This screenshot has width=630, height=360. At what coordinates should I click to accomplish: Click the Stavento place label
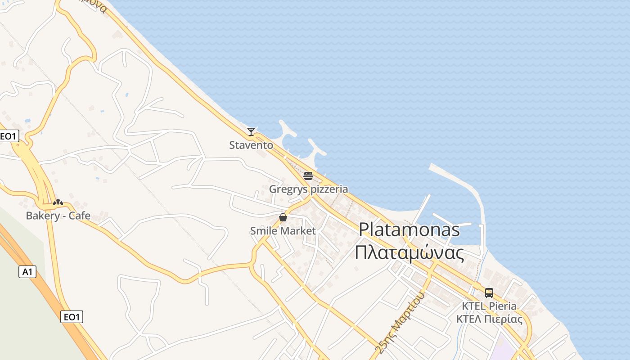coord(251,145)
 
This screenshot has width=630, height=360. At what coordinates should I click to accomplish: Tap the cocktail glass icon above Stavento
coord(251,132)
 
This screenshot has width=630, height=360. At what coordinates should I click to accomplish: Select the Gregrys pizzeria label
coord(308,189)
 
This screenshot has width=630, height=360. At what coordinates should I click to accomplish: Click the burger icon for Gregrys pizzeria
coord(308,175)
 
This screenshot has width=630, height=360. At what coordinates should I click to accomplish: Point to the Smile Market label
coord(283,231)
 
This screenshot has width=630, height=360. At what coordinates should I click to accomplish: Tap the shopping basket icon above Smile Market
coord(283,218)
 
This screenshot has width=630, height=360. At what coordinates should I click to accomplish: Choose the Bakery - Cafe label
coord(58,216)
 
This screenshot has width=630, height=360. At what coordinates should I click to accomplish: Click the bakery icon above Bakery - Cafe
coord(58,202)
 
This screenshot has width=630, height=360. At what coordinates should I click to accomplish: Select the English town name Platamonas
coord(409,230)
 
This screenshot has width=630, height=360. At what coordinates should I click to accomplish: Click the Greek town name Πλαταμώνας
coord(409,253)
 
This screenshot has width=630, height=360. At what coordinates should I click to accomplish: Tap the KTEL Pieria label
coord(489,306)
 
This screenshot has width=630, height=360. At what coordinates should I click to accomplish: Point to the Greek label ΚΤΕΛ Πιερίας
coord(489,319)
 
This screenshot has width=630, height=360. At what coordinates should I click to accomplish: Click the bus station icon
coord(489,293)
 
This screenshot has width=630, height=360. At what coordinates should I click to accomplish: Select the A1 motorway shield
coord(27,272)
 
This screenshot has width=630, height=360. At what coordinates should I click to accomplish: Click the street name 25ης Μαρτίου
coord(400,322)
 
